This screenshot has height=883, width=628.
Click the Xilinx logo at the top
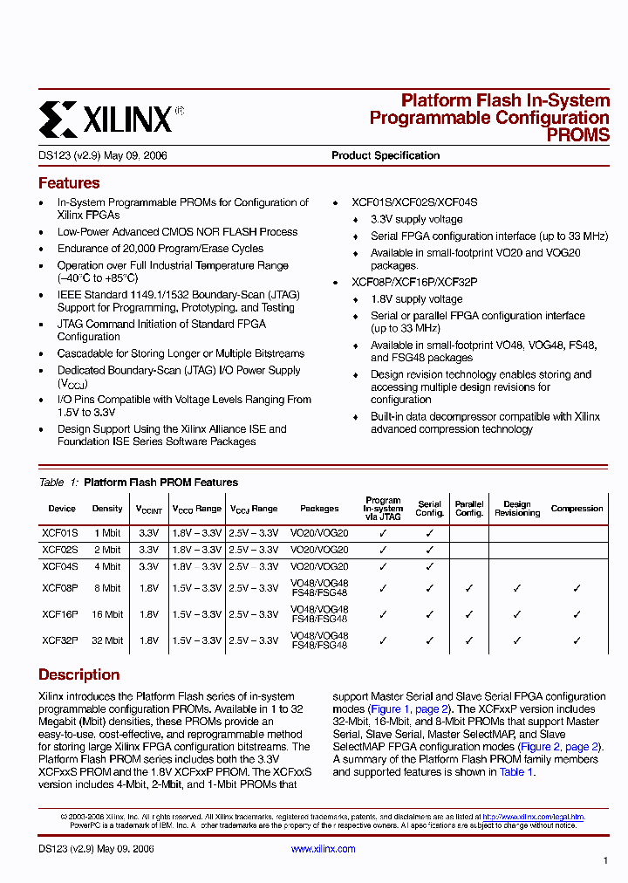click(111, 118)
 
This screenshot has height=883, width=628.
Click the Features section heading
click(69, 183)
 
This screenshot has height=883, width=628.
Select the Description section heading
click(79, 674)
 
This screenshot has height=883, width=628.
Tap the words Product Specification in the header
click(386, 155)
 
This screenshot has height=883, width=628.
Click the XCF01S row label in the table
click(60, 532)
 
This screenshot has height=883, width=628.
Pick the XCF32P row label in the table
click(60, 640)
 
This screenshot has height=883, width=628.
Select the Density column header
click(107, 509)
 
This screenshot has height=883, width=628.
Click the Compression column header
click(577, 509)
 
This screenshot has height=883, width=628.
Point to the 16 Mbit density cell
click(107, 614)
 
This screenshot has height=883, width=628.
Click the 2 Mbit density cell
click(107, 550)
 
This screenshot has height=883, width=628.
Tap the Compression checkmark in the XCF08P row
click(577, 589)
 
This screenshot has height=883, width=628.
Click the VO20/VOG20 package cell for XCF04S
click(319, 566)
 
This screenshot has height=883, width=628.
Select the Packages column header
click(319, 509)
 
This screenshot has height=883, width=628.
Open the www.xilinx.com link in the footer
click(323, 849)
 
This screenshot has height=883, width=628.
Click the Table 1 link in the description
click(516, 772)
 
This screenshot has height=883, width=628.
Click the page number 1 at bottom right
click(605, 861)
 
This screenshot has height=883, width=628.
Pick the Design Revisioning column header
click(517, 509)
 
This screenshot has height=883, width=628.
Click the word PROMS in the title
click(577, 135)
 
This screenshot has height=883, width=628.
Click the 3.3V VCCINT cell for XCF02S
click(149, 550)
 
